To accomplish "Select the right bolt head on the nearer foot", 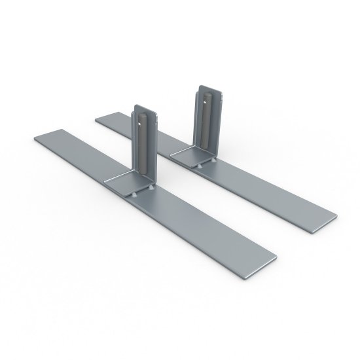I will pyautogui.click(x=152, y=187).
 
